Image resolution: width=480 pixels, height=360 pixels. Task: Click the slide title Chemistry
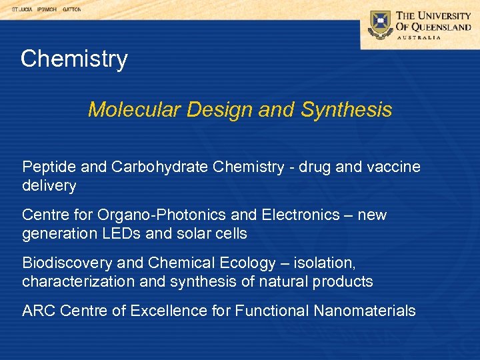(x=73, y=59)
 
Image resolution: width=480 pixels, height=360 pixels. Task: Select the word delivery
(x=49, y=185)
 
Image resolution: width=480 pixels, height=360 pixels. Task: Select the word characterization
(x=81, y=281)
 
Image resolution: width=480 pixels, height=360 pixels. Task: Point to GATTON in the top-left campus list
(x=71, y=10)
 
